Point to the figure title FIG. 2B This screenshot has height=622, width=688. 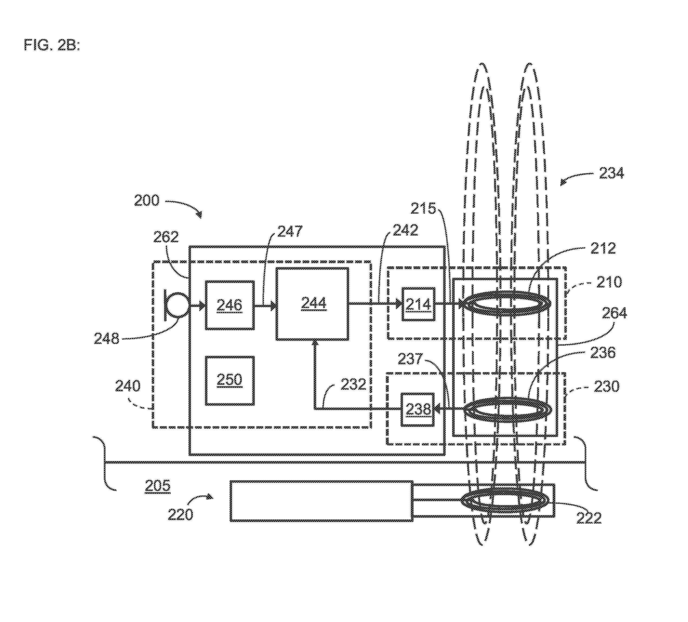coord(52,45)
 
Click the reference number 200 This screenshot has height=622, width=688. coord(147,200)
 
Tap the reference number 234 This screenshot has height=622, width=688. coord(611,173)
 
